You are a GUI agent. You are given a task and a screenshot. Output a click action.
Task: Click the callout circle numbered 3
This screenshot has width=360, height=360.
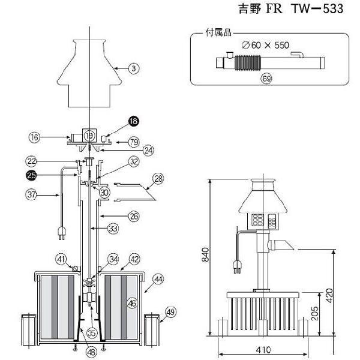(x=134, y=68)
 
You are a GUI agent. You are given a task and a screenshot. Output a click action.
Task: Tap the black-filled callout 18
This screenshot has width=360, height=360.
(x=134, y=121)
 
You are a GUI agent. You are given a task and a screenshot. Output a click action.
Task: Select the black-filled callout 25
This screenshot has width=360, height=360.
(x=31, y=175)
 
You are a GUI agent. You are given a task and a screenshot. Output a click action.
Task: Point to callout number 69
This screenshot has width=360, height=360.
(x=266, y=79)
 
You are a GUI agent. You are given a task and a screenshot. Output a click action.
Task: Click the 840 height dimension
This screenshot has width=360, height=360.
(x=205, y=254)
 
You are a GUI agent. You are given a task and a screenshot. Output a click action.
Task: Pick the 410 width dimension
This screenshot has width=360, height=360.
(x=263, y=350)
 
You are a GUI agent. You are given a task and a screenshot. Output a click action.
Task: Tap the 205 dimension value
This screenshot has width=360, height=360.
(x=314, y=313)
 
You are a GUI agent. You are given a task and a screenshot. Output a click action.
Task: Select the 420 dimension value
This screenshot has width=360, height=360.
(x=329, y=295)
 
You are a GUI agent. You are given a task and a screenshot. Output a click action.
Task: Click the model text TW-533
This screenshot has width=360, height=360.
(x=317, y=9)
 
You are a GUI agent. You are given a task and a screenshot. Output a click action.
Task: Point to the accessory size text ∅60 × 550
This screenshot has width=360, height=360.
(x=266, y=45)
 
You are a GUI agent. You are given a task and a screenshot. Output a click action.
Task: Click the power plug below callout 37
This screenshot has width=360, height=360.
(x=62, y=233)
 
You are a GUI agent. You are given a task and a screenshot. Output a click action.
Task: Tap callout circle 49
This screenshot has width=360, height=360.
(x=170, y=312)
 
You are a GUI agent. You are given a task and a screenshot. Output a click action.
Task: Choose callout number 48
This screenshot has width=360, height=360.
(x=91, y=352)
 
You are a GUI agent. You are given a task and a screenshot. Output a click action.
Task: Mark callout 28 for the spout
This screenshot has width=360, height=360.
(x=158, y=179)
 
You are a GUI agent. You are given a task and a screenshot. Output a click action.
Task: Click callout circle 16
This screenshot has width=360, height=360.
(x=34, y=137)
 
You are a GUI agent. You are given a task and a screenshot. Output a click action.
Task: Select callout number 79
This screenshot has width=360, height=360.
(x=134, y=142)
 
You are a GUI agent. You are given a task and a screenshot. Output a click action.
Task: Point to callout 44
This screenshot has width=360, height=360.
(x=158, y=279)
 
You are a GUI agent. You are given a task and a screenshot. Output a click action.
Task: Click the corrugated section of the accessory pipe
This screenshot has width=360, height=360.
(x=248, y=62)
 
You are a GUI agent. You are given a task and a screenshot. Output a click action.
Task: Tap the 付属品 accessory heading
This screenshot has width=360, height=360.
(x=218, y=32)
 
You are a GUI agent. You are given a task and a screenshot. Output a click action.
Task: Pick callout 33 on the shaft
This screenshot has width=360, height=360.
(x=113, y=229)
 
